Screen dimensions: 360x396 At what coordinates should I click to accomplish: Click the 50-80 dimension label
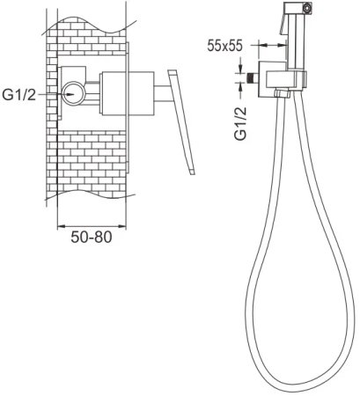(x=92, y=237)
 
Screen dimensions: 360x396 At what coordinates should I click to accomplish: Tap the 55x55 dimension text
(x=224, y=46)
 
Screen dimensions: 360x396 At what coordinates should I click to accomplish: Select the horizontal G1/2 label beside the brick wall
(x=18, y=94)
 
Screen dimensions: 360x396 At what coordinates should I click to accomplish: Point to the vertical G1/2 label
(x=241, y=123)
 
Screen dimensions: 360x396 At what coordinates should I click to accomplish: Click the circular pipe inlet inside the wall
(x=74, y=93)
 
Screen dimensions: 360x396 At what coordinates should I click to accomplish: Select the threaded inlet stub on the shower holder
(x=252, y=77)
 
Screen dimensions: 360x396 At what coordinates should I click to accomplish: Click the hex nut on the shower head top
(x=307, y=8)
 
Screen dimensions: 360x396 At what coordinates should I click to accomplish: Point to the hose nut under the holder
(x=283, y=93)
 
